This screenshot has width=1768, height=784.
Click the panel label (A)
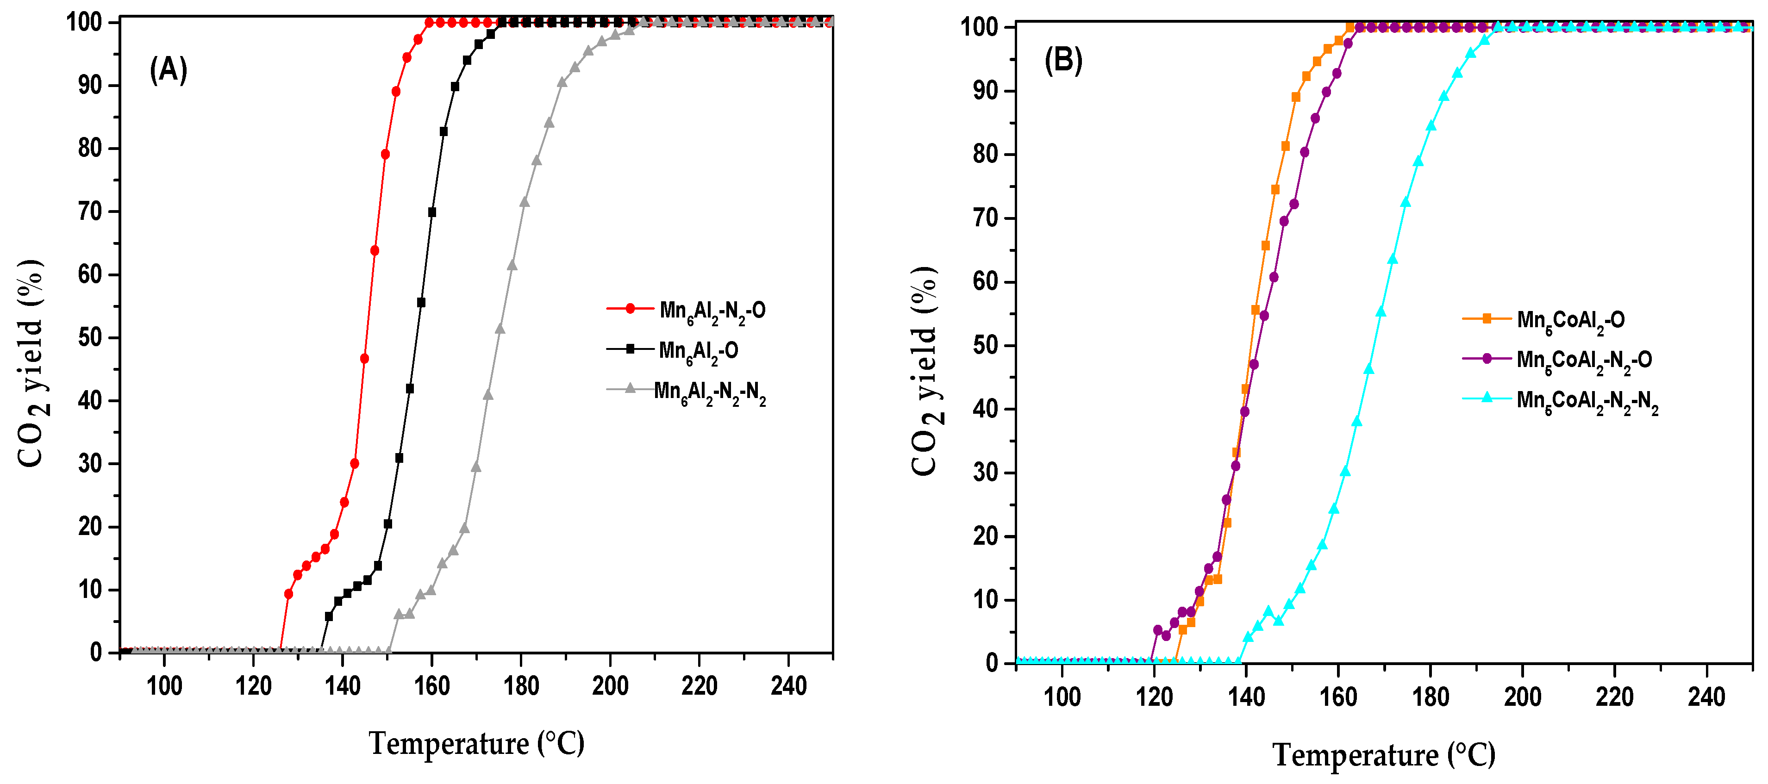pyautogui.click(x=168, y=70)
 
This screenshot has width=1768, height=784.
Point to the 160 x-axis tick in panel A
pyautogui.click(x=432, y=685)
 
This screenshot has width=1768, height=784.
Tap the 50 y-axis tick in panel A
pyautogui.click(x=90, y=337)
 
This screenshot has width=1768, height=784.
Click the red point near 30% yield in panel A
pyautogui.click(x=354, y=464)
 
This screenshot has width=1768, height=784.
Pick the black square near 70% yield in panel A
pyautogui.click(x=432, y=212)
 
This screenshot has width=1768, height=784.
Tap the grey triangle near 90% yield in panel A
pyautogui.click(x=562, y=82)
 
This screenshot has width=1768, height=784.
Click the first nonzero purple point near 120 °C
pyautogui.click(x=1158, y=630)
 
